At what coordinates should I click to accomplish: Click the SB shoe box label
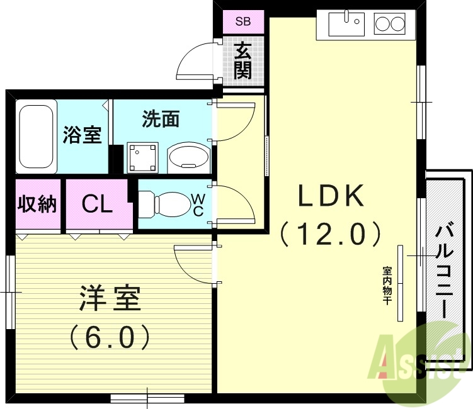pos(242,22)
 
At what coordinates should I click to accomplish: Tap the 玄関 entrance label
pos(242,60)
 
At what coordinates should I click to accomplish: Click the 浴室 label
pos(83,135)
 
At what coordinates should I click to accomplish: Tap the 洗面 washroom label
pos(161,120)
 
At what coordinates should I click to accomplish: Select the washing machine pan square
pos(142,155)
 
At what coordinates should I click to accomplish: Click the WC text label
pos(198,205)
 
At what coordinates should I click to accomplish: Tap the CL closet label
pos(98,204)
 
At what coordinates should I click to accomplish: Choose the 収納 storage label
pos(37,204)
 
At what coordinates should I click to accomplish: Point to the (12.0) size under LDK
pos(331,234)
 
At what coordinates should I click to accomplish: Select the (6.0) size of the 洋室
pos(109,337)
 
